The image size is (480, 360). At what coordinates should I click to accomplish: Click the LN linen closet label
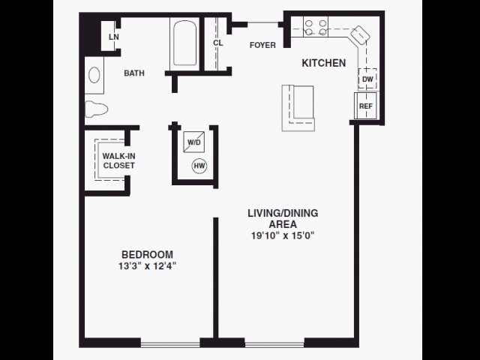(113, 37)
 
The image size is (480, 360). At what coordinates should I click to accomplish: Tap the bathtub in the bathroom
(184, 44)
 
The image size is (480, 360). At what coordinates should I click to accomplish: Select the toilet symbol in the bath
(96, 109)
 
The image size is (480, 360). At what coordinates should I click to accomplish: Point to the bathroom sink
(94, 75)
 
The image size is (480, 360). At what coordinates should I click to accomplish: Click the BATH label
(134, 73)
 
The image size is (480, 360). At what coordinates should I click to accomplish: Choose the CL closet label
(217, 43)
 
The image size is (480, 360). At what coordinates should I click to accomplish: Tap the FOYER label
(262, 45)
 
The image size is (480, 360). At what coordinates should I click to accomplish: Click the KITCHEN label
(323, 63)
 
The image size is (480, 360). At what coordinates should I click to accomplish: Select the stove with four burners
(316, 28)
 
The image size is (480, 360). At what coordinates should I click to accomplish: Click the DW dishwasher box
(367, 79)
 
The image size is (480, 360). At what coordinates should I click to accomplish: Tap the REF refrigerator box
(365, 106)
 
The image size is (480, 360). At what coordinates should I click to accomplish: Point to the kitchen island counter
(298, 107)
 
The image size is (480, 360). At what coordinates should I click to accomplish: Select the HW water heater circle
(199, 166)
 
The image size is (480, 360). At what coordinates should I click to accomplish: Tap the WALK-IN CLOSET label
(118, 160)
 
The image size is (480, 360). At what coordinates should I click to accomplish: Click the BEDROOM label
(148, 254)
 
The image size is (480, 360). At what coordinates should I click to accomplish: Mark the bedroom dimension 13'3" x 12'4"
(148, 265)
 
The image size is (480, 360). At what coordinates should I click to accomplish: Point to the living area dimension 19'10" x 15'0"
(282, 235)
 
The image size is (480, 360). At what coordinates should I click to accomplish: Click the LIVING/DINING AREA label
(282, 218)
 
